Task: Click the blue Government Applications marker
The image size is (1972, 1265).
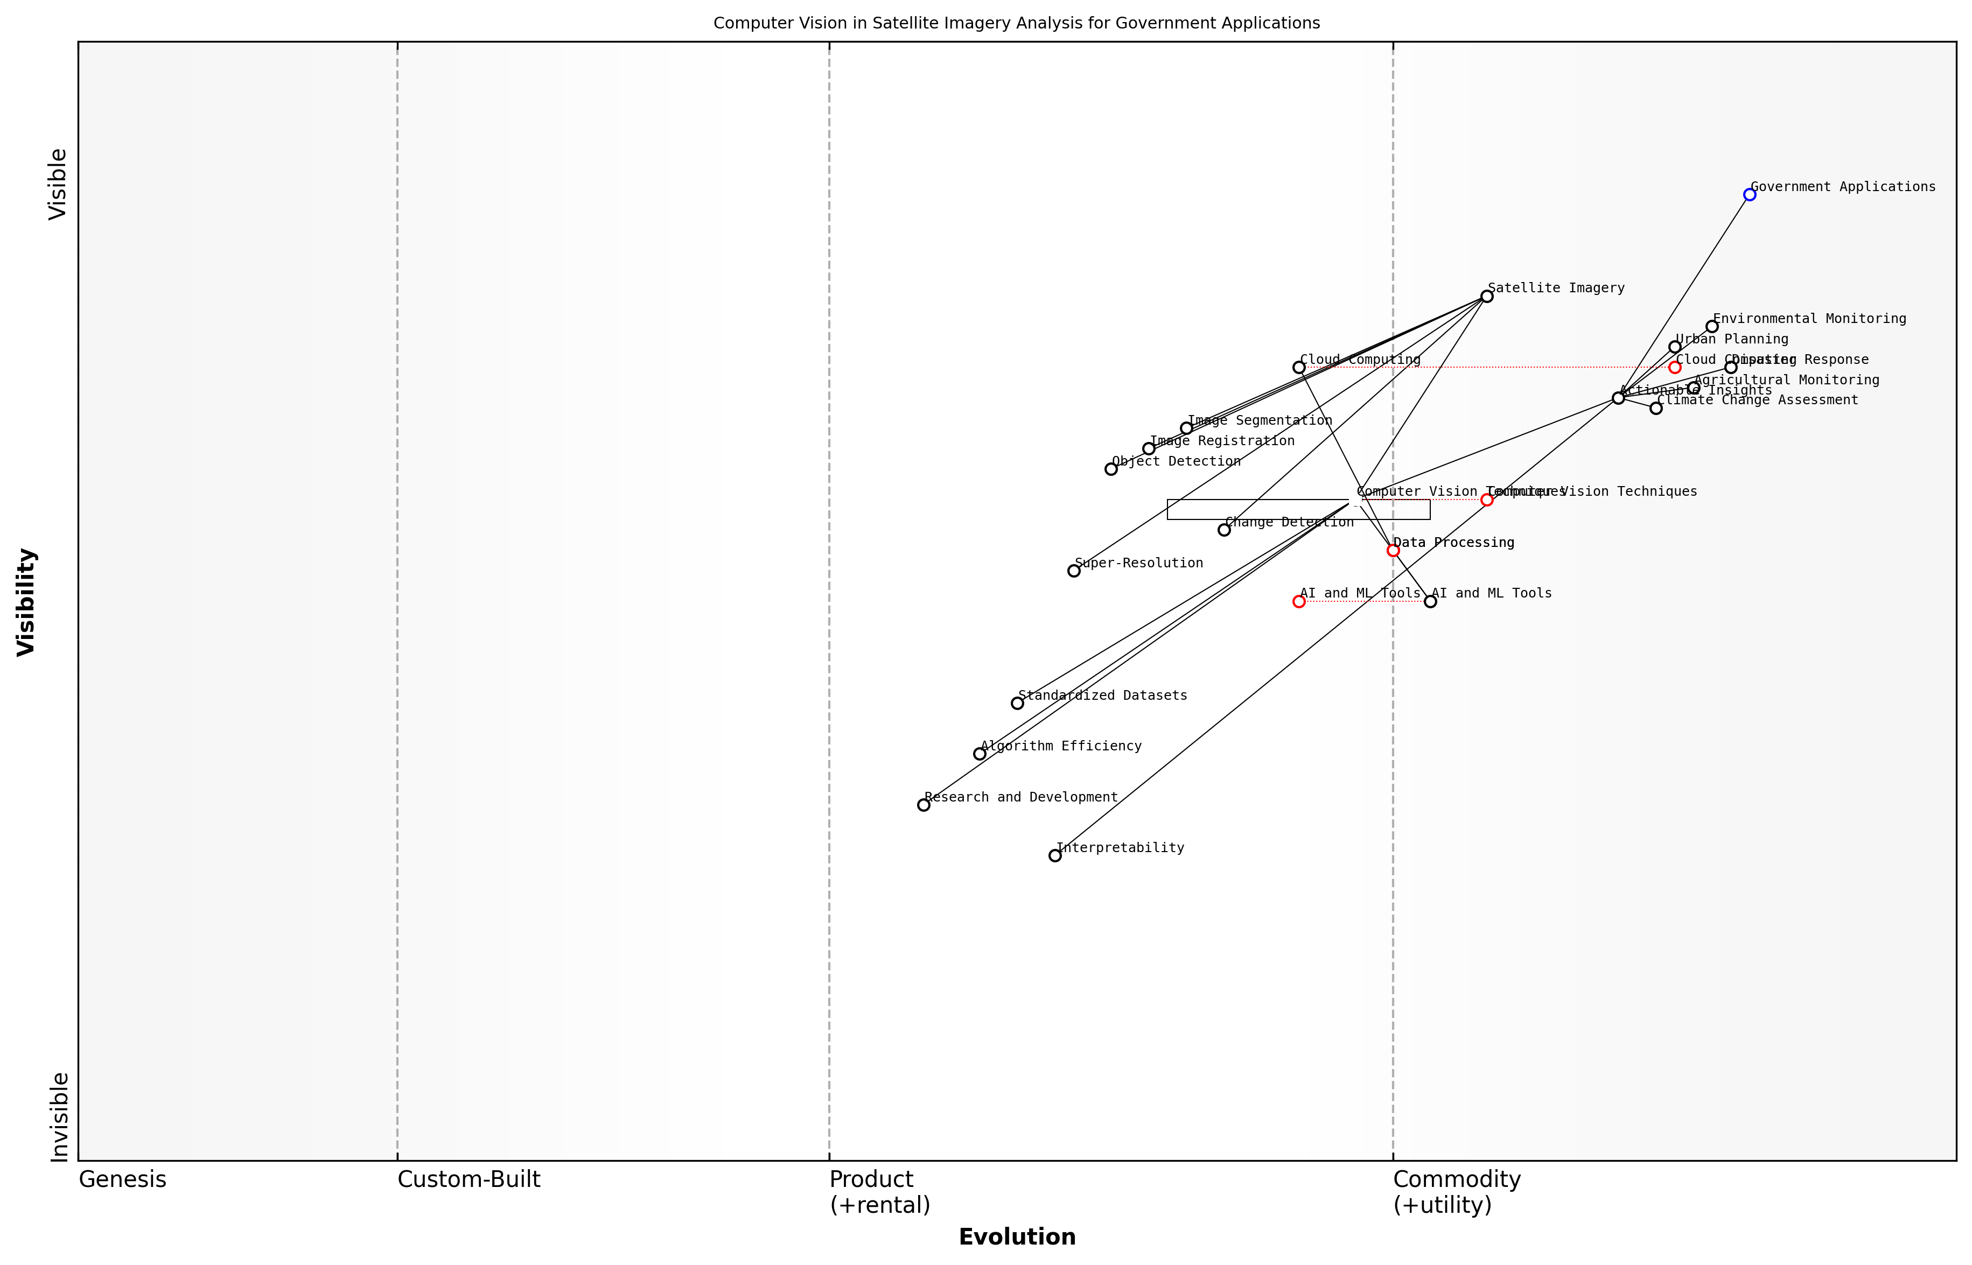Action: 1749,195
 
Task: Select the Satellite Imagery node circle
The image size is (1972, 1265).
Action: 1486,297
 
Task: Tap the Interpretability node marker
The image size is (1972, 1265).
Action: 1055,856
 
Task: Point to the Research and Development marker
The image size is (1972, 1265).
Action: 924,805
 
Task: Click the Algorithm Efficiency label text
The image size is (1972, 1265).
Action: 1061,746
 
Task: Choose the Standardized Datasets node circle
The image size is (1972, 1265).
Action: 1017,703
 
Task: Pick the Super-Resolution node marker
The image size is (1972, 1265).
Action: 1074,571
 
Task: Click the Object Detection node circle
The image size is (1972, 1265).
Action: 1111,469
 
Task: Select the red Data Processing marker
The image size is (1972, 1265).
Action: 1393,550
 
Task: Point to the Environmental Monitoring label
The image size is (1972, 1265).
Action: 1809,319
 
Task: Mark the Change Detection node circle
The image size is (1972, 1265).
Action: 1224,530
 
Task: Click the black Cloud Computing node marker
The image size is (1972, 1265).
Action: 1299,367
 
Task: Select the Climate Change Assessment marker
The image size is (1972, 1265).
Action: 1656,408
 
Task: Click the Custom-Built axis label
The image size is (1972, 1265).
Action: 468,1179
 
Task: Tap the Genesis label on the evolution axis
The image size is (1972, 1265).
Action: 122,1179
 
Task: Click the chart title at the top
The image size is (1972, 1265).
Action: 1016,23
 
